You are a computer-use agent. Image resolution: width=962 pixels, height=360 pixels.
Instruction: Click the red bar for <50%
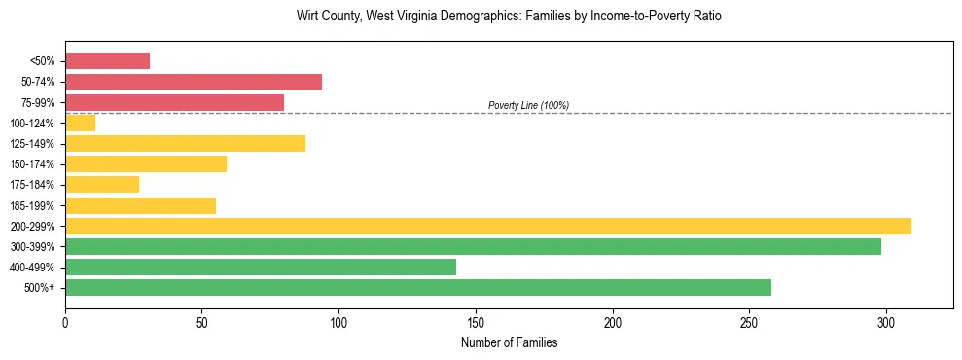pyautogui.click(x=107, y=61)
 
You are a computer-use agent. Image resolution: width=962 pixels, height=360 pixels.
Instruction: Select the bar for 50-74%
pyautogui.click(x=194, y=82)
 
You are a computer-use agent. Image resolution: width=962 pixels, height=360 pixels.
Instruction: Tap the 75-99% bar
pyautogui.click(x=174, y=102)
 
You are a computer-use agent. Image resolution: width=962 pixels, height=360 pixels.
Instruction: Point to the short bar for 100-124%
pyautogui.click(x=80, y=123)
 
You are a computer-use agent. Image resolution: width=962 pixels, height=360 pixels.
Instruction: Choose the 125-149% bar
pyautogui.click(x=185, y=143)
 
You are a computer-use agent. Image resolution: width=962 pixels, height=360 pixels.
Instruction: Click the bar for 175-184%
pyautogui.click(x=102, y=185)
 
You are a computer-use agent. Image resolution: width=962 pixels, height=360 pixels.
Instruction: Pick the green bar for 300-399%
pyautogui.click(x=473, y=246)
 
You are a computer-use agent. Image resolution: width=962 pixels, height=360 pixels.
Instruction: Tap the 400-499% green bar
pyautogui.click(x=261, y=267)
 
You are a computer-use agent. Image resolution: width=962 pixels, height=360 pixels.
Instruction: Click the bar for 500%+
pyautogui.click(x=418, y=287)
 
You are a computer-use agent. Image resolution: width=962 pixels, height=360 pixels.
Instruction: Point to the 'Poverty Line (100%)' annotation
pyautogui.click(x=528, y=105)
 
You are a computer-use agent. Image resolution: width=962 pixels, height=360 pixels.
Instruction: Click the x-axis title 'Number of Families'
pyautogui.click(x=509, y=342)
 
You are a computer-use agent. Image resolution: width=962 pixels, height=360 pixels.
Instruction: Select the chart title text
pyautogui.click(x=509, y=17)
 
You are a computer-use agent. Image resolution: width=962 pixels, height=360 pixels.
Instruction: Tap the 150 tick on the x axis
pyautogui.click(x=476, y=321)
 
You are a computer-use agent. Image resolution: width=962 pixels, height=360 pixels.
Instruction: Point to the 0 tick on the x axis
pyautogui.click(x=65, y=321)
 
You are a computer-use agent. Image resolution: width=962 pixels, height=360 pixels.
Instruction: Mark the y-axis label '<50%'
pyautogui.click(x=44, y=61)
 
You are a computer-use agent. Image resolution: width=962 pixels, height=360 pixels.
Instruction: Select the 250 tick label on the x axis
pyautogui.click(x=749, y=321)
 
